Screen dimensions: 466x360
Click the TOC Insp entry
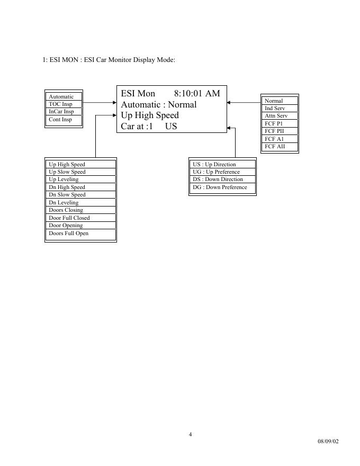point(60,104)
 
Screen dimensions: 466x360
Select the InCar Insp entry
point(61,112)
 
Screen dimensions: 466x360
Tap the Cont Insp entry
point(60,120)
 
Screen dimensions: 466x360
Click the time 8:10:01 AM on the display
point(196,94)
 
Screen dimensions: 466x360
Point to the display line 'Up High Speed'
point(150,115)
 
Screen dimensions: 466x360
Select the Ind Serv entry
point(275,108)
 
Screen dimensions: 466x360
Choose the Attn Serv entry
point(276,115)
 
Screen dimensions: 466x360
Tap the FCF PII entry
point(274,131)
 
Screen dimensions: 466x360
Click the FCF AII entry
point(275,146)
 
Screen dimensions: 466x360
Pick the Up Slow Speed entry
point(67,172)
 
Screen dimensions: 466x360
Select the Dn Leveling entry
point(64,202)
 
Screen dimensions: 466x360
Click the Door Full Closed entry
point(69,218)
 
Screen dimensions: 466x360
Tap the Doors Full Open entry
point(69,233)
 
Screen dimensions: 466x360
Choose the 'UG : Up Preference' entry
point(216,172)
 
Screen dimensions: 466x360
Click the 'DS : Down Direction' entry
point(218,180)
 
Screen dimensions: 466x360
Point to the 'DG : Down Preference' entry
point(220,187)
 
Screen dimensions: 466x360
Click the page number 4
point(191,435)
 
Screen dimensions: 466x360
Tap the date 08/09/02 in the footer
point(328,441)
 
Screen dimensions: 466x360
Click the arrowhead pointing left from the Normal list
point(229,103)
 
